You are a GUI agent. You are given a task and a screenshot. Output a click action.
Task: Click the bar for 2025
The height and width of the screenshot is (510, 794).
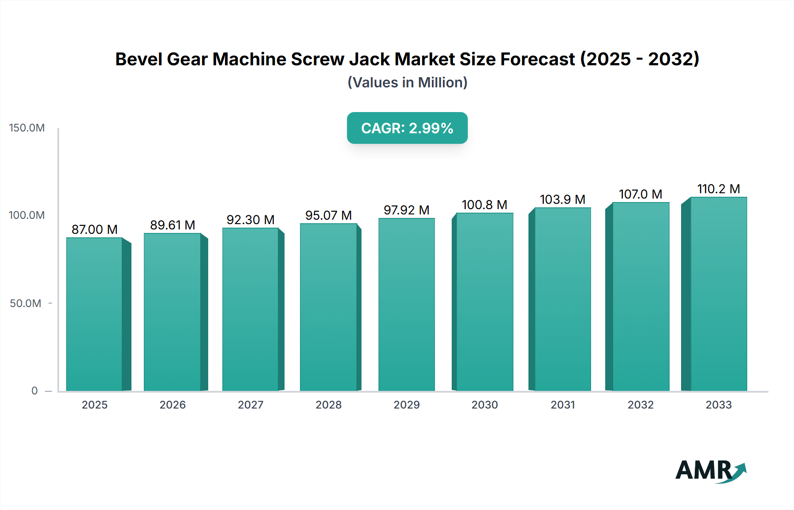point(94,314)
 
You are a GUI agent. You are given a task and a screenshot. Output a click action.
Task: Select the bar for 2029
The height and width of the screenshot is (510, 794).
point(406,304)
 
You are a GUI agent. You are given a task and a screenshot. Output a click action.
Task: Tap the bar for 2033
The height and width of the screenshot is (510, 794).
point(718,294)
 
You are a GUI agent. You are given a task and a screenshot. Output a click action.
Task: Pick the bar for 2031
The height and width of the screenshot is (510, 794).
point(562,299)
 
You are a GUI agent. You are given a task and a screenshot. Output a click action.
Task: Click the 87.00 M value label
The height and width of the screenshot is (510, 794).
point(94,229)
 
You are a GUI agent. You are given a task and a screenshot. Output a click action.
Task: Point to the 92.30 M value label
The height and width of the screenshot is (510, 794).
point(251,220)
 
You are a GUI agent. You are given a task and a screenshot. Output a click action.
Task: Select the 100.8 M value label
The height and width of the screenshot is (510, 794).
point(484,205)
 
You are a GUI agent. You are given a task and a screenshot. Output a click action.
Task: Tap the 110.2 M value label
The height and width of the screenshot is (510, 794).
point(718,189)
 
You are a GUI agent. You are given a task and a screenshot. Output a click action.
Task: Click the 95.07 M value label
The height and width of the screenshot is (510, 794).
point(328,215)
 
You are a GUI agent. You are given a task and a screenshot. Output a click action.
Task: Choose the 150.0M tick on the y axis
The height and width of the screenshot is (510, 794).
point(27,128)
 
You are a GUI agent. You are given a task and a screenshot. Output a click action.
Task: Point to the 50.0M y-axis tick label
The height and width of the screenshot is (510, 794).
point(26,304)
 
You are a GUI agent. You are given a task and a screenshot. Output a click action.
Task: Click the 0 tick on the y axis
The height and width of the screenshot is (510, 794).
point(34,391)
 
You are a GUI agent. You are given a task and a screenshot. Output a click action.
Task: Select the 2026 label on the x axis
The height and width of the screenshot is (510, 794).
point(172,405)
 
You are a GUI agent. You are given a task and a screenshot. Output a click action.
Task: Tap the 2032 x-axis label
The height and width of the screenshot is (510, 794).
point(640,405)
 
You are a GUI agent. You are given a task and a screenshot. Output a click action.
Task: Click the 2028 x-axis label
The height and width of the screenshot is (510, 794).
point(328,405)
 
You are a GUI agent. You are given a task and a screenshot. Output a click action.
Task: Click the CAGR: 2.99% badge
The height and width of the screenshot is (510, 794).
point(407,128)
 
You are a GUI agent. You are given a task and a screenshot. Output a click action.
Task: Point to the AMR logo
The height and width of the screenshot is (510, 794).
point(710,471)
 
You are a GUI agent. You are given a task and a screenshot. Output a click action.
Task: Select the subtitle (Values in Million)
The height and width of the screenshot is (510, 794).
point(407,82)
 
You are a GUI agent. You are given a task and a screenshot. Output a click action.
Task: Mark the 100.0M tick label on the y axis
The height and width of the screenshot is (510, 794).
point(27,215)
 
